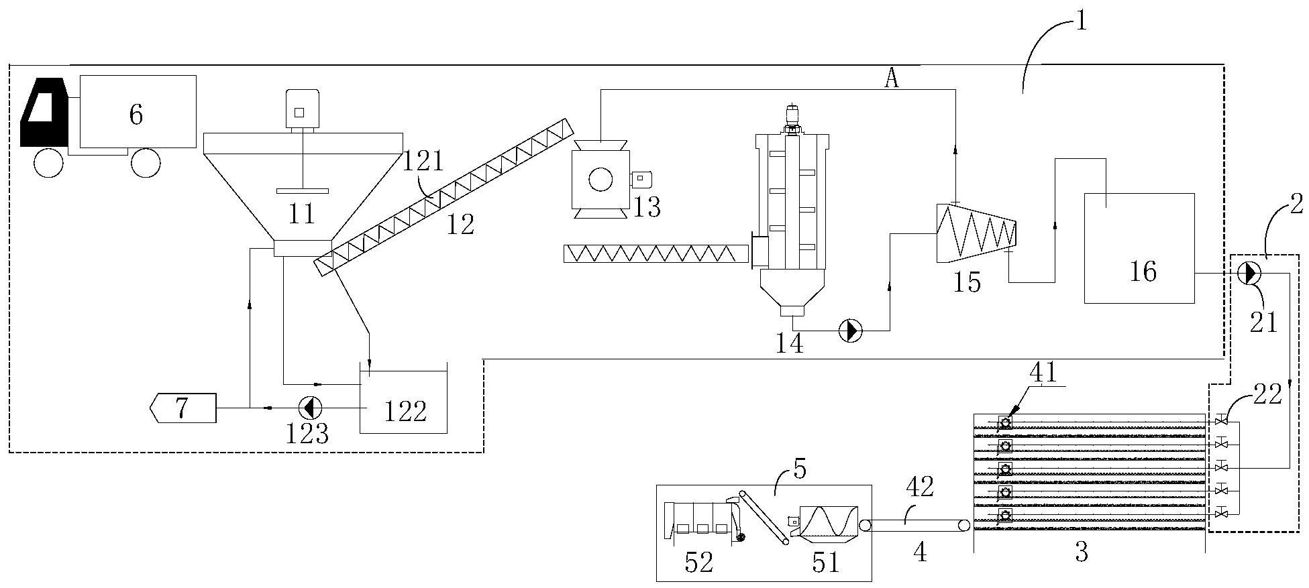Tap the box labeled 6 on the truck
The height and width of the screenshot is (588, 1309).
tap(138, 111)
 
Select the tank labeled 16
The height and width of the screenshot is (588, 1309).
tap(1139, 248)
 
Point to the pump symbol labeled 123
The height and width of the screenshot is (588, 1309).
tap(310, 407)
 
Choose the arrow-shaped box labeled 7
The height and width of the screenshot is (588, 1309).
tap(182, 408)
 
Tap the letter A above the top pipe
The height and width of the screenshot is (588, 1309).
tap(891, 80)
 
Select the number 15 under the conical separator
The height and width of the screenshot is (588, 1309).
tap(967, 283)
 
